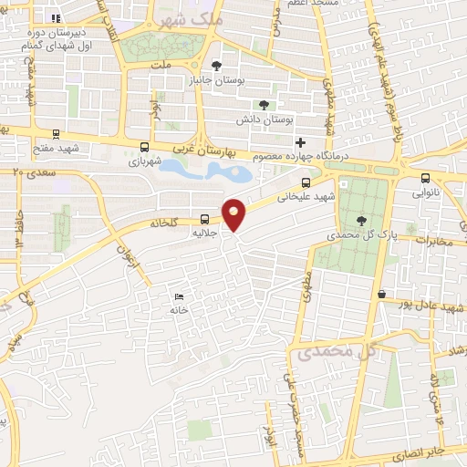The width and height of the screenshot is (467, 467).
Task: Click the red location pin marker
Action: click(234, 214)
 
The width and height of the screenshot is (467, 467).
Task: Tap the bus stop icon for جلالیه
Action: click(204, 220)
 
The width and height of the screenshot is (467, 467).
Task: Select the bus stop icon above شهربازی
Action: click(144, 147)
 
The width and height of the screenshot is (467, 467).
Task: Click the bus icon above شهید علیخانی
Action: click(305, 182)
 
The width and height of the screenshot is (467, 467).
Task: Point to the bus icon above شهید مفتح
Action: click(57, 133)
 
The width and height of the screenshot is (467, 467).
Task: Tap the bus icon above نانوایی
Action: click(426, 178)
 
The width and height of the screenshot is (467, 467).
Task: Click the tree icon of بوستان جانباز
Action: click(216, 65)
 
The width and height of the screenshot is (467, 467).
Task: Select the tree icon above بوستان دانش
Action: click(265, 106)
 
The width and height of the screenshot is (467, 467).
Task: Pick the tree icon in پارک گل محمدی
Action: click(362, 220)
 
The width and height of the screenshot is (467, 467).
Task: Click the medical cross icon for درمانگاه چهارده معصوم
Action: click(301, 143)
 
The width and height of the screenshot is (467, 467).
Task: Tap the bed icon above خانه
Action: click(179, 296)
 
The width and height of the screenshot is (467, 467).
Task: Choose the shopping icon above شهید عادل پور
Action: click(380, 294)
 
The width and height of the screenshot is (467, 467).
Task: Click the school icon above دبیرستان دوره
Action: click(57, 17)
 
